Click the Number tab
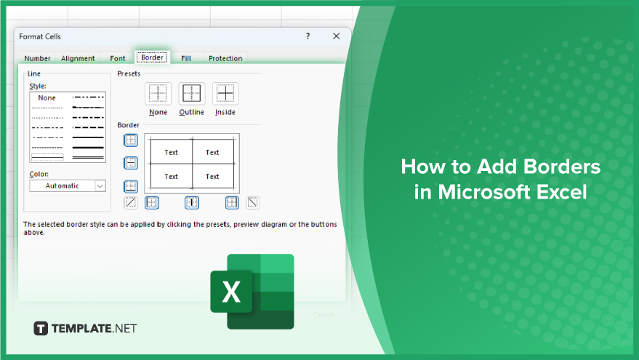[37, 58]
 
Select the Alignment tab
[78, 58]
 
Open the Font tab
[117, 58]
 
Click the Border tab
[152, 57]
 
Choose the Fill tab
[186, 58]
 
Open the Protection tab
[225, 58]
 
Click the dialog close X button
[336, 36]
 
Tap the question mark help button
[308, 36]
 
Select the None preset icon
[158, 93]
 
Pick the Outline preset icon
[191, 93]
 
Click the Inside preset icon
[225, 93]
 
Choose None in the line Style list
[47, 98]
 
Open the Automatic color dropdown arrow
[100, 186]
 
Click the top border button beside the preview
[131, 140]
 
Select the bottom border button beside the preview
[131, 187]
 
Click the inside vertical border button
[191, 203]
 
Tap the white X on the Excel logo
[231, 292]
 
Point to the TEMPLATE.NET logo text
[94, 328]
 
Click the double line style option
[88, 157]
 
